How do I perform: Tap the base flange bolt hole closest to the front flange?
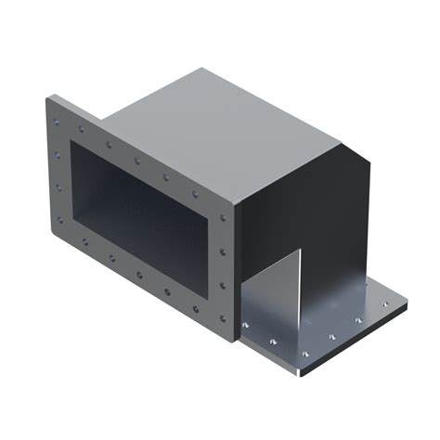pos(246,328)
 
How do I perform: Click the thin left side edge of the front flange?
pos(44,167)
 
